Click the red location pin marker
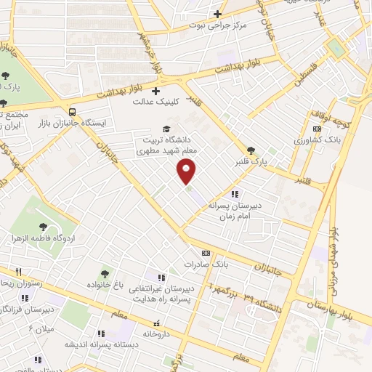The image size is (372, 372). click(187, 171)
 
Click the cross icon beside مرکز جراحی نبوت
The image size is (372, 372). click(217, 14)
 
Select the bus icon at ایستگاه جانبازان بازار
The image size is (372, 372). click(71, 112)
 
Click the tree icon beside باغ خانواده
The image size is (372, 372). click(105, 274)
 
